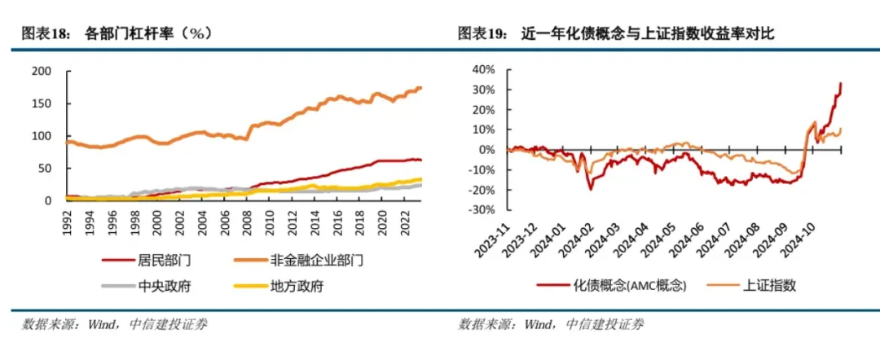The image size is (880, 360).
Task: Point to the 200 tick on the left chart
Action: pos(42,72)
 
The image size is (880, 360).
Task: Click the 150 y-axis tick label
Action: pos(42,103)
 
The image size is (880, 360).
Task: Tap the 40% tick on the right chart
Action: pos(485,69)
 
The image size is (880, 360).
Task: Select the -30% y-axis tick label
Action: pos(483,209)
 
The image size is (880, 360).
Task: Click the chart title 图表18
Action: pos(44,33)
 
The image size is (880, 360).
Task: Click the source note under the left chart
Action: pos(114,325)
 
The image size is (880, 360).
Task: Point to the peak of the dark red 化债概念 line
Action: pos(841,83)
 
